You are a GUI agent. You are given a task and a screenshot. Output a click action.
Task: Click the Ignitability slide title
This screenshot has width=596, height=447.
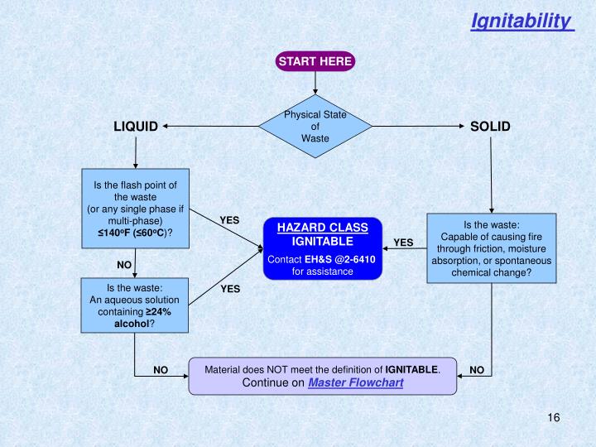point(521,21)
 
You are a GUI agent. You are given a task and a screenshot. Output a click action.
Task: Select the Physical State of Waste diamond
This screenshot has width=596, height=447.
point(315,127)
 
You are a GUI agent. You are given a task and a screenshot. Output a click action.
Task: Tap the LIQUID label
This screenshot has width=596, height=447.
point(136,127)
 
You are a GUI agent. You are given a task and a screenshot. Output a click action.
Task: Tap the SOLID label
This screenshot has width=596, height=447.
point(490,127)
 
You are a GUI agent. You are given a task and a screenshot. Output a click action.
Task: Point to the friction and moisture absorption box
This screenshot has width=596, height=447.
point(492,248)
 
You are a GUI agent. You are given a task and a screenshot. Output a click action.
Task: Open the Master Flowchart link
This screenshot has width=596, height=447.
point(355,383)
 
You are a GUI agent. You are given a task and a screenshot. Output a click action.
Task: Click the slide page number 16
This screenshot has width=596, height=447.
point(554,417)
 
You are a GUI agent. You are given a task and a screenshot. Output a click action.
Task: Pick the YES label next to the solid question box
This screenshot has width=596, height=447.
point(403,243)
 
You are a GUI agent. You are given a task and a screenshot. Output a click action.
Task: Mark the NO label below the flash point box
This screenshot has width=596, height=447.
point(124,265)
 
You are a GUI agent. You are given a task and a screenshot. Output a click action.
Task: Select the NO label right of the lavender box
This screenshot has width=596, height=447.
point(477,370)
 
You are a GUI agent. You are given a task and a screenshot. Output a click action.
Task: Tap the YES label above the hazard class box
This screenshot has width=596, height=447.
point(229,221)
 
